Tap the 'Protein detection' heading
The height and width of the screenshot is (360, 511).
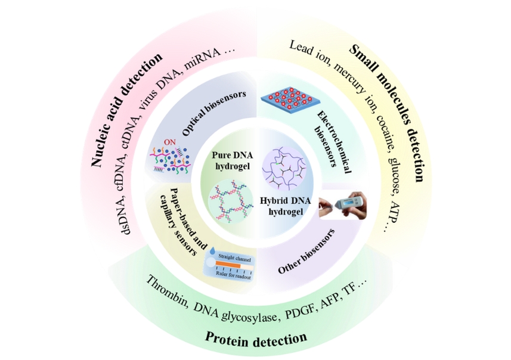point(256,338)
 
